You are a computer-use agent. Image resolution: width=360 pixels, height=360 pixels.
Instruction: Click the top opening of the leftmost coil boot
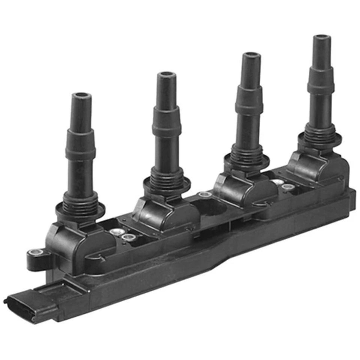point(82,96)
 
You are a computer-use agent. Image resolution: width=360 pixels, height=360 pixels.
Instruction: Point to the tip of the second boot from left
point(166,75)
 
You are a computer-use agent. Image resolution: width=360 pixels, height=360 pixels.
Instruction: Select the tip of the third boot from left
point(251,55)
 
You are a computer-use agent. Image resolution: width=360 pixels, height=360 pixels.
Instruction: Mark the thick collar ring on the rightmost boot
point(321,86)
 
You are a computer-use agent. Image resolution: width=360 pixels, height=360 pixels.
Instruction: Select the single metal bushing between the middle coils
point(205,195)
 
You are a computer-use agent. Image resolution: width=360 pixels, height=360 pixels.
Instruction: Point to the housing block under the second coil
point(165,216)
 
